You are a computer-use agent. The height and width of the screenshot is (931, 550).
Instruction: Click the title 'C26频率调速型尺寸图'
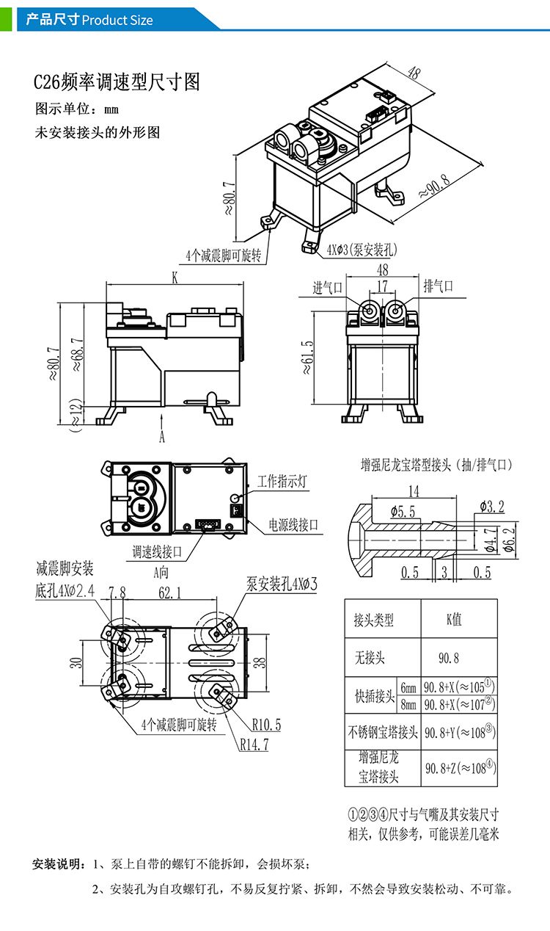(x=117, y=82)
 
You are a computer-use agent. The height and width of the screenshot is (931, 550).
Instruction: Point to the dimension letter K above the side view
(x=175, y=278)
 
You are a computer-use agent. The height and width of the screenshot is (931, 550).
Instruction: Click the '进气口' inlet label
(x=327, y=287)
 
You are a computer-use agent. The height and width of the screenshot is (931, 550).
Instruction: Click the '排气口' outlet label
(x=438, y=286)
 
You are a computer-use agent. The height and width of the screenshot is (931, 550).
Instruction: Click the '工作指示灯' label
(x=282, y=482)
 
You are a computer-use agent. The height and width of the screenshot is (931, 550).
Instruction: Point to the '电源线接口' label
(x=293, y=524)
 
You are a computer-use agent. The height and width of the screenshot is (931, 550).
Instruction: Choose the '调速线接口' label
(x=156, y=552)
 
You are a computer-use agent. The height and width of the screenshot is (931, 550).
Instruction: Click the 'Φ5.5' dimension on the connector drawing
(x=403, y=512)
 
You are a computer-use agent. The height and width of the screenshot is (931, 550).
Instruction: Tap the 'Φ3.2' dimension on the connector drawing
(x=491, y=506)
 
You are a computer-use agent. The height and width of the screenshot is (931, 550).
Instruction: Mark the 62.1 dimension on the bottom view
(x=169, y=593)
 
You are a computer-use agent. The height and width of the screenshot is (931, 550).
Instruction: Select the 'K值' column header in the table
(x=454, y=620)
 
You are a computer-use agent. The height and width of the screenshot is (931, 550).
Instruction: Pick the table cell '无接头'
(x=370, y=658)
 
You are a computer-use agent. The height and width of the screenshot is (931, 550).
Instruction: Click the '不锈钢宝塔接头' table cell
(x=382, y=732)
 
